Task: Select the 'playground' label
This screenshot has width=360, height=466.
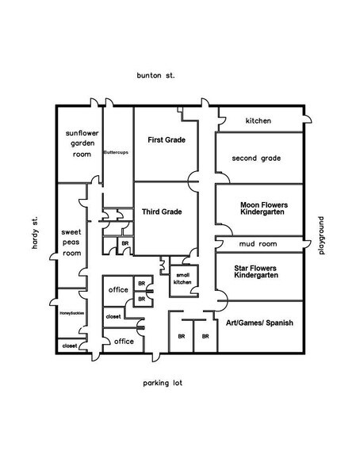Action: [323, 235]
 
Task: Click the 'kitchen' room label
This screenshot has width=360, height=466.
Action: [258, 121]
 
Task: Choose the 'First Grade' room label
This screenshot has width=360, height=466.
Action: [167, 139]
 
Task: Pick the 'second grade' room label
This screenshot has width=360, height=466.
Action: [256, 159]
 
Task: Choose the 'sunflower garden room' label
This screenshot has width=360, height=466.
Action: [79, 145]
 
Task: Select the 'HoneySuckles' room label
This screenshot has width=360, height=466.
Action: [71, 315]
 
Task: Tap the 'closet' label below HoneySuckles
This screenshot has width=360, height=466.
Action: [70, 346]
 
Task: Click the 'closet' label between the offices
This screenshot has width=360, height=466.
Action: [113, 316]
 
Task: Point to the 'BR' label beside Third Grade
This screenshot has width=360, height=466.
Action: [124, 243]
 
